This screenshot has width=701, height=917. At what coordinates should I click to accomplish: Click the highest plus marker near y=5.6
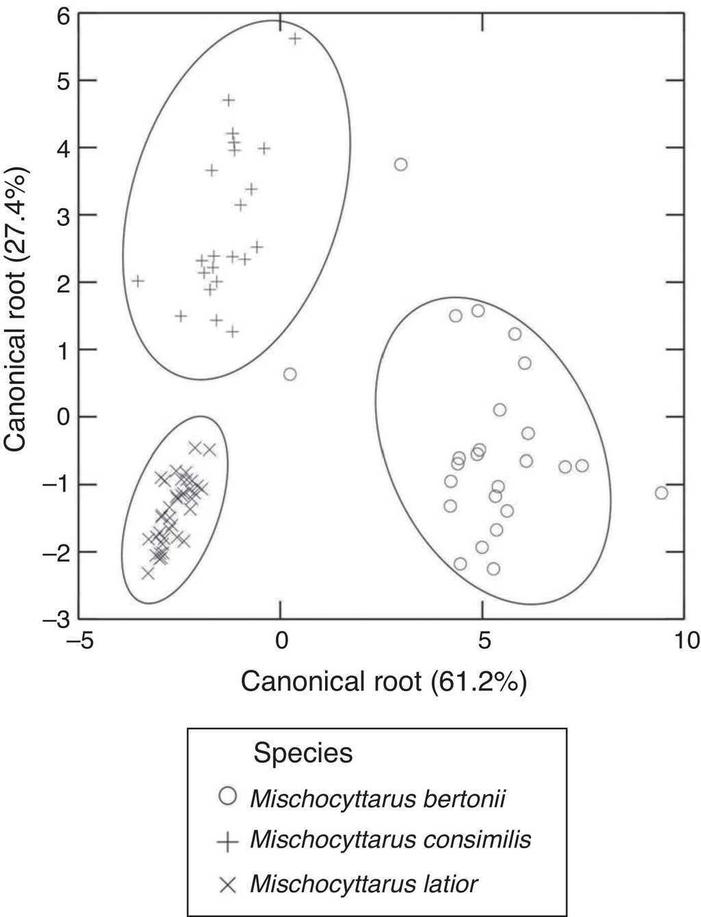click(295, 38)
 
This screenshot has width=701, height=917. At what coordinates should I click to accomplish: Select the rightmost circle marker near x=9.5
click(661, 492)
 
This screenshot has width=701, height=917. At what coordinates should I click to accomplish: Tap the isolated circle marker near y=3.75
click(401, 164)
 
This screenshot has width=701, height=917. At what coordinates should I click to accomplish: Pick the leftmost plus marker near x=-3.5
click(138, 281)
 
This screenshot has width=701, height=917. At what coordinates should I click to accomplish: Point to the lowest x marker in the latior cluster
click(148, 573)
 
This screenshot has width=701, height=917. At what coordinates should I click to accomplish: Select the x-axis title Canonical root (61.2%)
click(383, 681)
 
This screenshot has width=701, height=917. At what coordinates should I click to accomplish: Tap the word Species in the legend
click(303, 753)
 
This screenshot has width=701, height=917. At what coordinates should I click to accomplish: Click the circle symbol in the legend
click(227, 796)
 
